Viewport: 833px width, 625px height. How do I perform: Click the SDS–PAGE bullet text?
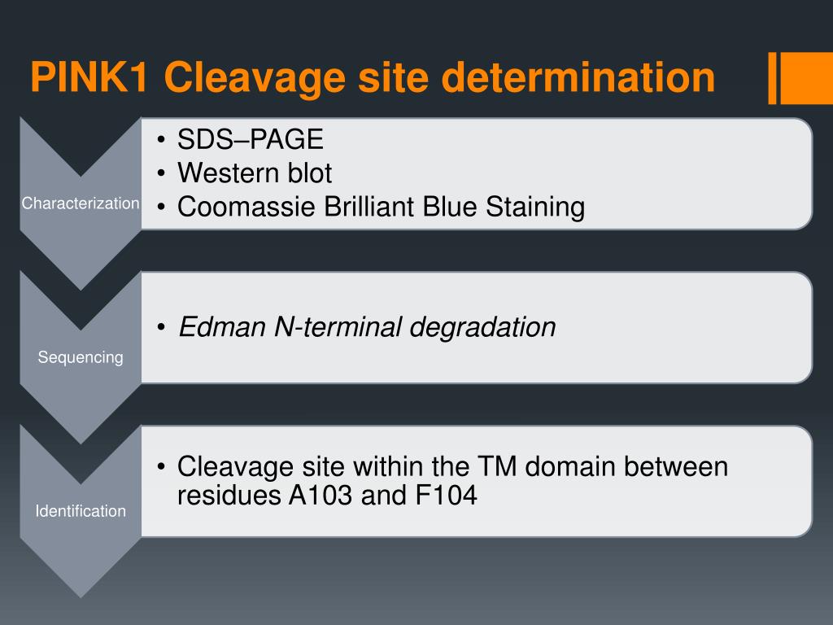point(251,140)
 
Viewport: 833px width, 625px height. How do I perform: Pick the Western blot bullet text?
point(255,173)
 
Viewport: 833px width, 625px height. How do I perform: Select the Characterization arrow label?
point(81,203)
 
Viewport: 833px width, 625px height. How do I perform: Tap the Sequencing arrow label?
point(81,357)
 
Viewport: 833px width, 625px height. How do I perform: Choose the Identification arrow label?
point(81,511)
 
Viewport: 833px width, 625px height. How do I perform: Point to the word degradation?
point(482,327)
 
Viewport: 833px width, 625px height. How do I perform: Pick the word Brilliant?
point(370,207)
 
